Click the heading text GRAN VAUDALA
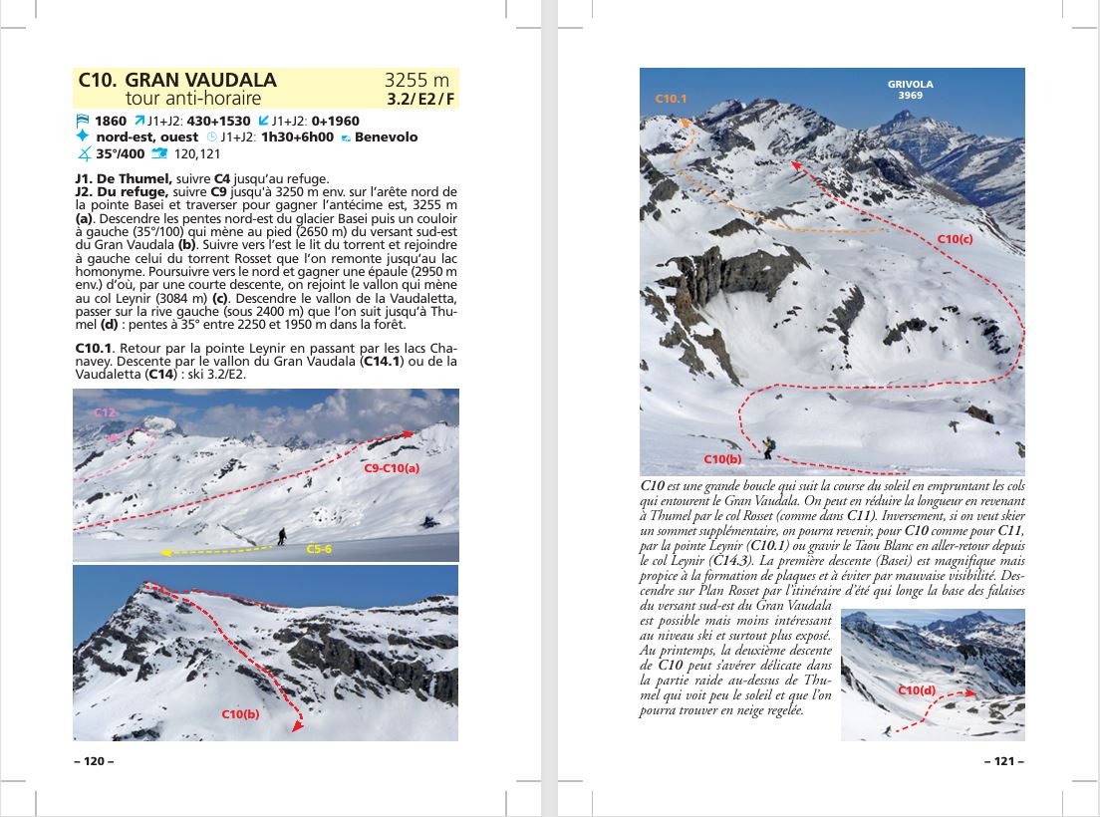point(201,80)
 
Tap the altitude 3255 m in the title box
point(416,80)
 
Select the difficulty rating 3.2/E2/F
point(420,99)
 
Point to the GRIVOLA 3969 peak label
point(910,90)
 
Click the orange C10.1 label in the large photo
point(671,99)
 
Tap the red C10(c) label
point(955,239)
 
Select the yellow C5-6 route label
point(319,548)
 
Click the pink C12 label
point(106,411)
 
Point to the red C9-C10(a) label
point(392,467)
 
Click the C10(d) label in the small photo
point(917,690)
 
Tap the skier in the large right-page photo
point(768,447)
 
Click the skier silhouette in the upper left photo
point(282,536)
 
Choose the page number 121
point(1003,761)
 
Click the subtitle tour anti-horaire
point(193,98)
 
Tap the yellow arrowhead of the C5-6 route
point(165,552)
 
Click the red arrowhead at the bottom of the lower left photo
point(296,727)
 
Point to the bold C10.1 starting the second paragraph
point(95,347)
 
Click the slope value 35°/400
point(120,153)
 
